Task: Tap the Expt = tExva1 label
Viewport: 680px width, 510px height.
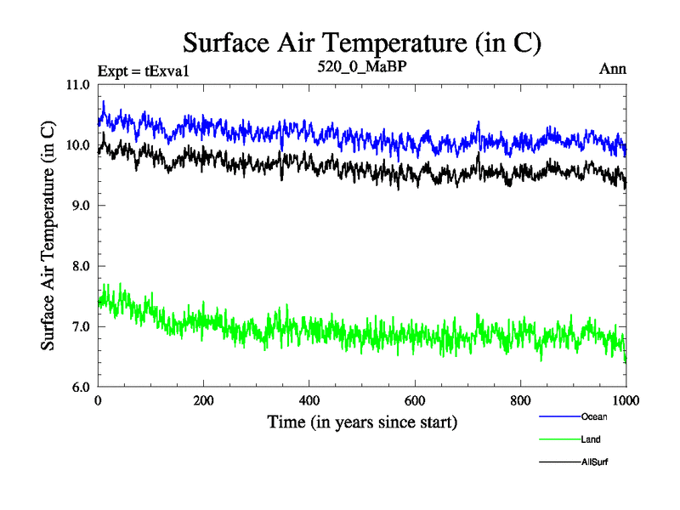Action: (143, 70)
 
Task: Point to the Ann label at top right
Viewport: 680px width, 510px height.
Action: (613, 69)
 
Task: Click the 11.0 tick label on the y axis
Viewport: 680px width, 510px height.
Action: (78, 85)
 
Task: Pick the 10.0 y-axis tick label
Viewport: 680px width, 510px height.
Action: (78, 145)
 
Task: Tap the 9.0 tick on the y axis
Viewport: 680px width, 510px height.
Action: (81, 206)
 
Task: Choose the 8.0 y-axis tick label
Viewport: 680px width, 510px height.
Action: (81, 266)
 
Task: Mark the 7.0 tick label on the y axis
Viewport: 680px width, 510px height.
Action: (81, 326)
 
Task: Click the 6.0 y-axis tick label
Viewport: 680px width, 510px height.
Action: (81, 388)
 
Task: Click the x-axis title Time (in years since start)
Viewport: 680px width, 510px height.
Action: (362, 422)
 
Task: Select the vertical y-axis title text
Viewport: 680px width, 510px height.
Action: (49, 236)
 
